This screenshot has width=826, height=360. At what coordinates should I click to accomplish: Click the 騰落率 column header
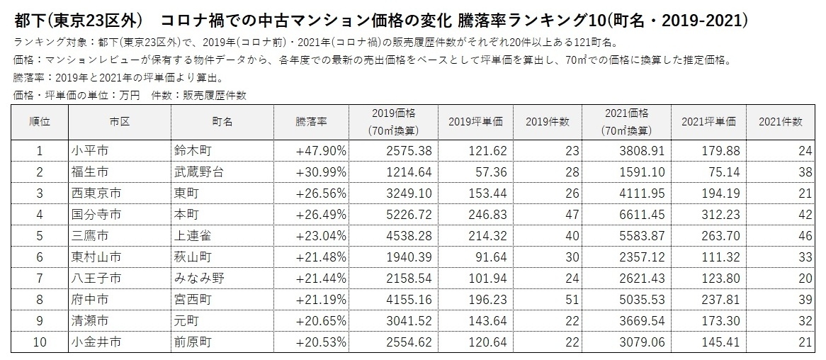[x=311, y=122]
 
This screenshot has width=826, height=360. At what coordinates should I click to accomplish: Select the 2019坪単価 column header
[x=475, y=122]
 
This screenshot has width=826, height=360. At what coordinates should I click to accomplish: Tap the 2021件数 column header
[x=781, y=122]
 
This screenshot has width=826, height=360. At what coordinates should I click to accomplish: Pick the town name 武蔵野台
[x=197, y=171]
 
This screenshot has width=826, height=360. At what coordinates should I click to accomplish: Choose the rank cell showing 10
[x=40, y=342]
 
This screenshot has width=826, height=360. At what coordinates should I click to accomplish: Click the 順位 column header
[x=40, y=122]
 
